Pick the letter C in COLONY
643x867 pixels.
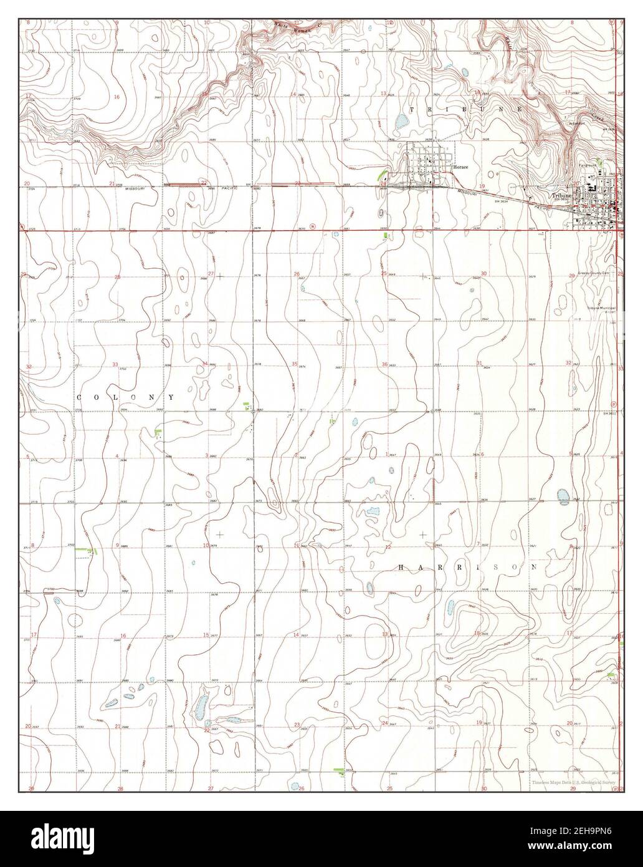(x=80, y=397)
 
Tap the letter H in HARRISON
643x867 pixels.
(x=402, y=568)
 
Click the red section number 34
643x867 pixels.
(x=204, y=364)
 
